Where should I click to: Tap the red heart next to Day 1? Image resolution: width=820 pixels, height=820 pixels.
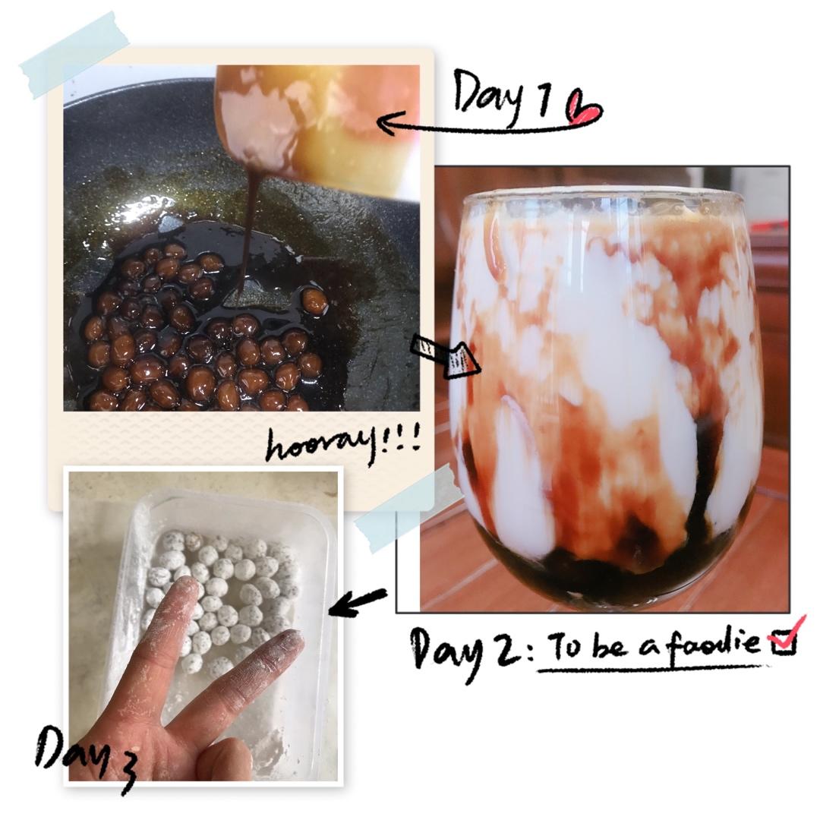click(x=585, y=109)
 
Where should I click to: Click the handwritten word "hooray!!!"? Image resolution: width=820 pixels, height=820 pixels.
click(x=343, y=443)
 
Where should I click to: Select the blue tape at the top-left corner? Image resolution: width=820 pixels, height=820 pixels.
click(x=73, y=55)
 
